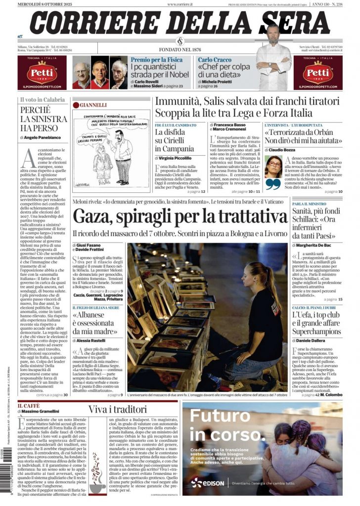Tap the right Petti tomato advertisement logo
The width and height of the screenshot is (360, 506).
[317, 73]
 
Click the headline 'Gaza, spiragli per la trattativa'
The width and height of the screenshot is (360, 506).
[180, 217]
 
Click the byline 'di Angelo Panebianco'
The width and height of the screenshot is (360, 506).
[42, 137]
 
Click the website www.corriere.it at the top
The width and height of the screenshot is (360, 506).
[180, 4]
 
